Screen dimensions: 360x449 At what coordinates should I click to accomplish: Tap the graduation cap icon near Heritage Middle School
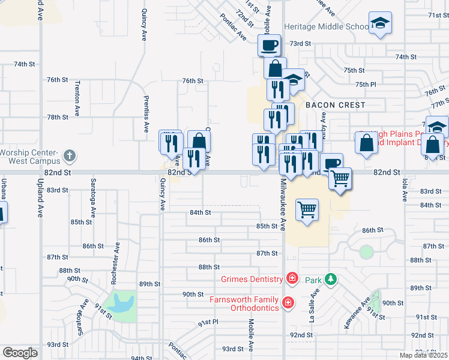click(379, 23)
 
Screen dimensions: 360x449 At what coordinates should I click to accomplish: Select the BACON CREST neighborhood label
click(335, 105)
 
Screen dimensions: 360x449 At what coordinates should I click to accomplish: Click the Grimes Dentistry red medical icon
click(292, 278)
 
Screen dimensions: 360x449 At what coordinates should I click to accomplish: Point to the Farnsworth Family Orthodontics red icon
click(288, 302)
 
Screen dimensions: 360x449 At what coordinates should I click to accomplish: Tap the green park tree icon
click(330, 279)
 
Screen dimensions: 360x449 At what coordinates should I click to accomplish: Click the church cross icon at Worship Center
click(70, 156)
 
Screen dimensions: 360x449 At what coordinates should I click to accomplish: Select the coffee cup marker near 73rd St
click(270, 44)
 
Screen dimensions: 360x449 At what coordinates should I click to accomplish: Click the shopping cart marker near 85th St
click(307, 210)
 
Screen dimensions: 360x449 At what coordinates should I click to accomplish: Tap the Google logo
click(20, 352)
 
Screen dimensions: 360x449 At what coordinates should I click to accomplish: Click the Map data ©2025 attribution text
click(423, 355)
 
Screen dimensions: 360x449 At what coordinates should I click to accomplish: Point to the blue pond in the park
click(123, 304)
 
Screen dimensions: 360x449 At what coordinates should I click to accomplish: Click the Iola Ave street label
click(405, 188)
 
